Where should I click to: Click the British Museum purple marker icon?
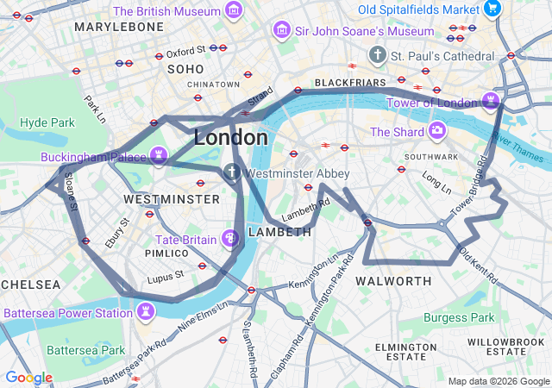[x=233, y=11]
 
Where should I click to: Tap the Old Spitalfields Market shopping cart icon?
[x=492, y=9]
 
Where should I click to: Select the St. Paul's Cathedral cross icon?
[x=377, y=56]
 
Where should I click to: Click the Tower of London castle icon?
[x=492, y=103]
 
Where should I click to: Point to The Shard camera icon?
[x=438, y=132]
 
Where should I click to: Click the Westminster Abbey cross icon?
[x=232, y=172]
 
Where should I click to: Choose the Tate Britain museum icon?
[x=230, y=238]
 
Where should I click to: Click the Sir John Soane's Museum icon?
[x=281, y=31]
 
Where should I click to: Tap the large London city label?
[x=230, y=137]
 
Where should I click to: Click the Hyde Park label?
[x=47, y=123]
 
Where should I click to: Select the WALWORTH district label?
[x=393, y=281]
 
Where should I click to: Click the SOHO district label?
[x=185, y=68]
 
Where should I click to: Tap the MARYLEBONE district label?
[x=119, y=28]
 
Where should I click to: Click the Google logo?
[x=28, y=378]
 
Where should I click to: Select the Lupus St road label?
[x=166, y=276]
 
